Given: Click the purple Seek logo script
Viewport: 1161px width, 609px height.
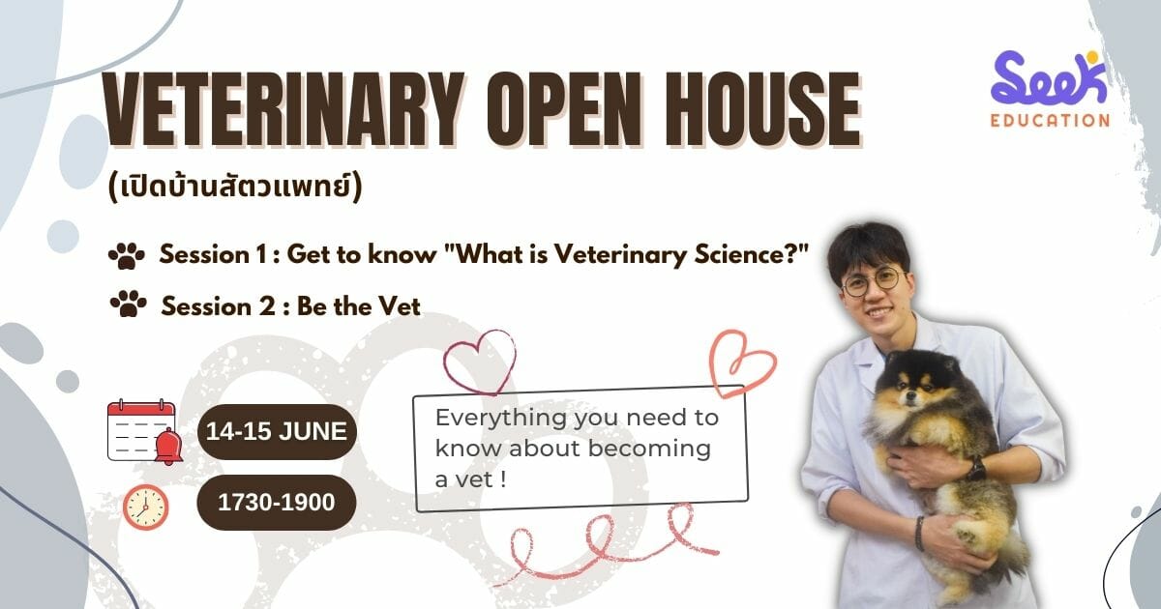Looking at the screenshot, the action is [x=1049, y=77].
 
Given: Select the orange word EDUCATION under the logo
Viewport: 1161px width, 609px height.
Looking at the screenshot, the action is [x=1050, y=121].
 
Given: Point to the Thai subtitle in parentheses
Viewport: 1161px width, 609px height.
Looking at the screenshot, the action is [x=235, y=188].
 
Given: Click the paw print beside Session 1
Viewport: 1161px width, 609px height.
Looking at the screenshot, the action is [x=127, y=255].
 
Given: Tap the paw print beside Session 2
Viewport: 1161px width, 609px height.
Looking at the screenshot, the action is [x=129, y=303].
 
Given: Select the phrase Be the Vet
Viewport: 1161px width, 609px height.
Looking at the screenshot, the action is [x=359, y=306].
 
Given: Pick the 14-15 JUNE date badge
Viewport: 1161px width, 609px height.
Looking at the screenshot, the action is [x=277, y=431].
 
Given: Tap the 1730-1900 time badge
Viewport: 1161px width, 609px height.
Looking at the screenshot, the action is [x=277, y=503].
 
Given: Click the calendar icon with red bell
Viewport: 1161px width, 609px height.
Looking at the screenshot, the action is [x=144, y=432].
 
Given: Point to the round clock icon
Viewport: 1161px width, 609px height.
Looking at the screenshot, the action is [x=146, y=507].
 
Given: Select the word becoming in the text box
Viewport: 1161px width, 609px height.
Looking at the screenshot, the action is [x=649, y=449].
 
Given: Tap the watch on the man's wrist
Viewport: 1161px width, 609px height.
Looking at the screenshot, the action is [x=977, y=470].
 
